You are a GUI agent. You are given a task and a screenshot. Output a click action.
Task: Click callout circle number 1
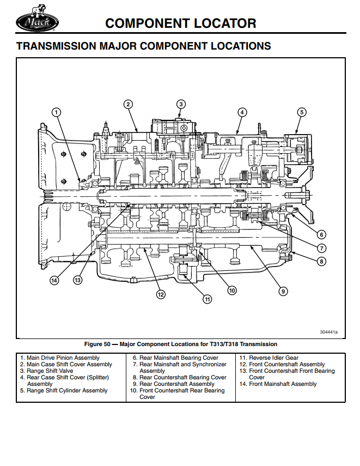[56, 112]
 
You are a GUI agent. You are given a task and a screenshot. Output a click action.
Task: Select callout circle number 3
[181, 104]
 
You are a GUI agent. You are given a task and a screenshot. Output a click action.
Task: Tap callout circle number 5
[301, 112]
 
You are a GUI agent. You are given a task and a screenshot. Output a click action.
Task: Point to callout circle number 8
[321, 262]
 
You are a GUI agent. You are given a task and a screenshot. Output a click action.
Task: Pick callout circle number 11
[207, 299]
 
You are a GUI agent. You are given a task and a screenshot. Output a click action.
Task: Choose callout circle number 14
[53, 281]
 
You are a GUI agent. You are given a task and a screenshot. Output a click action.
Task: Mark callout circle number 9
[283, 291]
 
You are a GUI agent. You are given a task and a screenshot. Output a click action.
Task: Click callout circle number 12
[160, 294]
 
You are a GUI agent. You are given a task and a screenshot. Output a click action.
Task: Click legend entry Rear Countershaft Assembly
[177, 384]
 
